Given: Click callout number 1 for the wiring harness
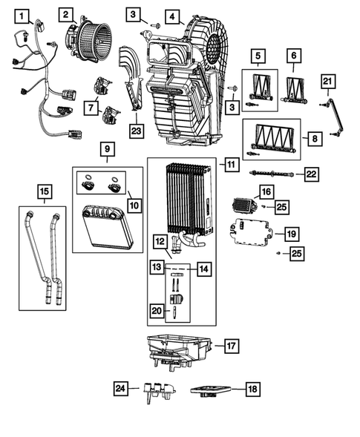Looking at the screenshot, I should point(24,15).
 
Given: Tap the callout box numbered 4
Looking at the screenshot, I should point(171,16).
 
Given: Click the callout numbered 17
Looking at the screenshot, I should point(231,345).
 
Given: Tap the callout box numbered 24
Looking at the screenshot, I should point(121,387).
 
